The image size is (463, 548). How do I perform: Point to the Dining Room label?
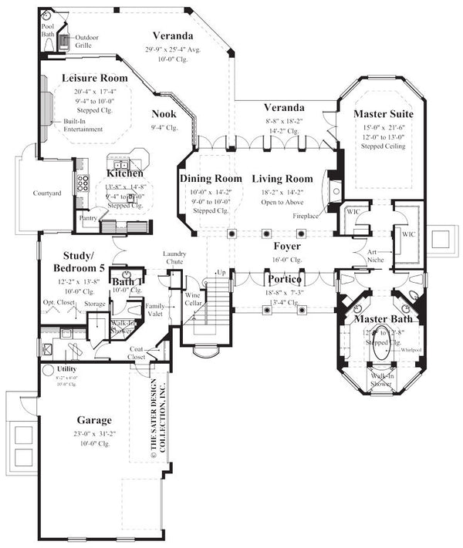[x=211, y=179]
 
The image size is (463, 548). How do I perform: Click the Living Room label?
[x=282, y=179]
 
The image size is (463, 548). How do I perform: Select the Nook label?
[x=164, y=114]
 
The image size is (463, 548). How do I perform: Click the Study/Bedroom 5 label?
[x=86, y=262]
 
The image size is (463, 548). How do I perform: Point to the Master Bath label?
[x=383, y=319]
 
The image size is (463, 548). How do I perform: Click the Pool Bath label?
[x=48, y=29]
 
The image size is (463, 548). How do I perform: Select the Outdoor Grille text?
[x=86, y=40]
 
